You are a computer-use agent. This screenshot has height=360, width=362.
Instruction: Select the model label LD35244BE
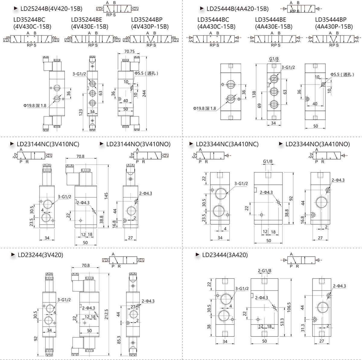click(88, 20)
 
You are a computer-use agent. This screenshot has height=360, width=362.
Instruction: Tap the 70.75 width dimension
click(129, 52)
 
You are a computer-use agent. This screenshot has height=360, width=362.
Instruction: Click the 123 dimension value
click(81, 113)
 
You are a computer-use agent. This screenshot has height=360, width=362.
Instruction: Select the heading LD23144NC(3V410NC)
click(48, 144)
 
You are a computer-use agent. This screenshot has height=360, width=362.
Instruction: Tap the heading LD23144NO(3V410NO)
click(138, 144)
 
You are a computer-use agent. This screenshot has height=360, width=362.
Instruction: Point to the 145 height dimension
click(106, 196)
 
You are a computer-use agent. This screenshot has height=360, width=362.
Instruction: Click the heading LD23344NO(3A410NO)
click(317, 144)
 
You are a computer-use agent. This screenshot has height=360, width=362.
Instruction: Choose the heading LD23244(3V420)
click(40, 255)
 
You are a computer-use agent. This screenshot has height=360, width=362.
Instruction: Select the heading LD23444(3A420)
click(225, 255)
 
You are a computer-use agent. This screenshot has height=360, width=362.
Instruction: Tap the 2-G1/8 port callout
click(265, 270)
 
